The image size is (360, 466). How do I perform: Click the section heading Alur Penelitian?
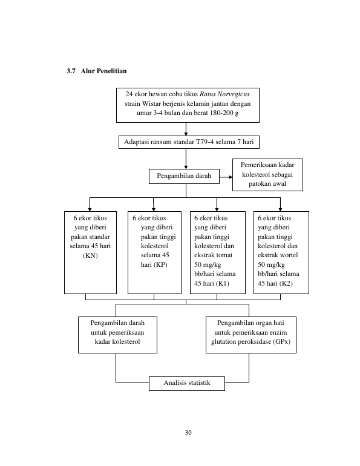(x=103, y=71)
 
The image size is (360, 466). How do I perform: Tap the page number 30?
(x=188, y=433)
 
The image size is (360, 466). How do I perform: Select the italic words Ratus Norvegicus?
(x=224, y=94)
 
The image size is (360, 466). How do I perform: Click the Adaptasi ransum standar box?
(x=189, y=142)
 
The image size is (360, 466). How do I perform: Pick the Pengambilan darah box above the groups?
(x=184, y=176)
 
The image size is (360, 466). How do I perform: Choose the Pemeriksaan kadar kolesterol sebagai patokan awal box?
(x=267, y=175)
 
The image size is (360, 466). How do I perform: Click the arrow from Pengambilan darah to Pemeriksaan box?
(x=226, y=177)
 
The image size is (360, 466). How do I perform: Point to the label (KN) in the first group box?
(x=90, y=255)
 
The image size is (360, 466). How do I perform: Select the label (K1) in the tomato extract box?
(x=222, y=283)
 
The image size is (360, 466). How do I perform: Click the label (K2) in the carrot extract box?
(x=286, y=283)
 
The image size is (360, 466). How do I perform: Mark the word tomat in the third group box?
(x=224, y=255)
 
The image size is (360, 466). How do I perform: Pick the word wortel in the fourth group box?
(x=289, y=255)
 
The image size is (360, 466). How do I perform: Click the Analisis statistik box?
(x=187, y=383)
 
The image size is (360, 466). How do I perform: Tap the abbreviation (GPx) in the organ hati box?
(x=282, y=342)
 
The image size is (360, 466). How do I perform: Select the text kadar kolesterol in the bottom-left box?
(x=117, y=342)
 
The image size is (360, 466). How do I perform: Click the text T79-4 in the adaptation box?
(x=205, y=142)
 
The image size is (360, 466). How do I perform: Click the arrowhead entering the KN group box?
(x=90, y=209)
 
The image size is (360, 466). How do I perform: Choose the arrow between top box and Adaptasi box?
(x=186, y=130)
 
